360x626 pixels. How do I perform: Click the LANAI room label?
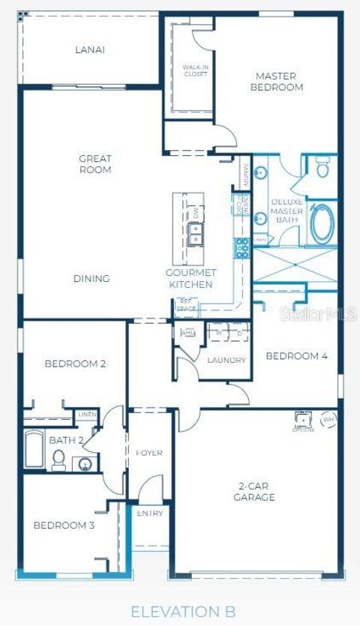coord(89,50)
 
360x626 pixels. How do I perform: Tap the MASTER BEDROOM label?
coord(279,82)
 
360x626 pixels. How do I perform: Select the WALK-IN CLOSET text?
coord(194,71)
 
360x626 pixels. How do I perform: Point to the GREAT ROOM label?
coord(95,164)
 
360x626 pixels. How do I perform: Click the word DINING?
coord(91,279)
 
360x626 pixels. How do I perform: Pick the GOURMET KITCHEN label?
coord(190,279)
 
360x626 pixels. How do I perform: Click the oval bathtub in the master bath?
coord(321,223)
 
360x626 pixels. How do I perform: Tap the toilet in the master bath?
coord(322,166)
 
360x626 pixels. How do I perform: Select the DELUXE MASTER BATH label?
coord(286,211)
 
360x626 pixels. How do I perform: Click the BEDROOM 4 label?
coord(296,356)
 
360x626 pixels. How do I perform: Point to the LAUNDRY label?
coord(226,361)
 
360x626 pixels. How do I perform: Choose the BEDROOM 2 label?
coord(75,364)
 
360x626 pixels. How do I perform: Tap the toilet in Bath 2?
coord(59,461)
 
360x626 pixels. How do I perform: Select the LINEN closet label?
coord(85,415)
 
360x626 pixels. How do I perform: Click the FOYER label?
coord(149,453)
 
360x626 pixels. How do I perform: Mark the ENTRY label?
coord(149,514)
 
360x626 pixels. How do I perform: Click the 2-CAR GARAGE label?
coord(254,491)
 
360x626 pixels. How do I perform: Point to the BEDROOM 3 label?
coord(64,526)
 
